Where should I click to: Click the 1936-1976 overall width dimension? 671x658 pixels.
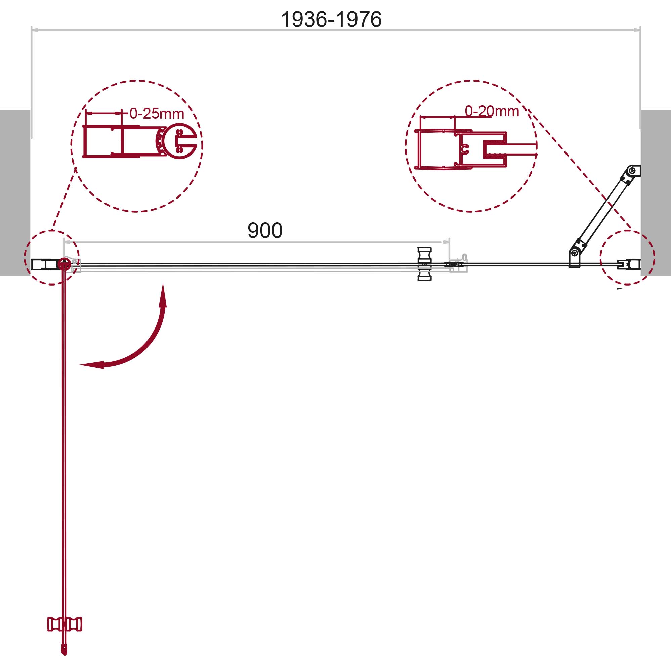tap(331, 19)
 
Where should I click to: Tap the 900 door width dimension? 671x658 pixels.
tap(265, 230)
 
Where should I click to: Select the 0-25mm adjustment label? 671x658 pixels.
tap(157, 113)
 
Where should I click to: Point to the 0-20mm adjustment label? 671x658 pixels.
tap(492, 111)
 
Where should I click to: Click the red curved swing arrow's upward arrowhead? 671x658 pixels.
tap(163, 295)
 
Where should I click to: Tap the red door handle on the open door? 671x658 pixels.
tap(65, 624)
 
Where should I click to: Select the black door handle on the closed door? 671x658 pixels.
tap(424, 264)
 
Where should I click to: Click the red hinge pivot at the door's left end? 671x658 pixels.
tap(64, 265)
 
